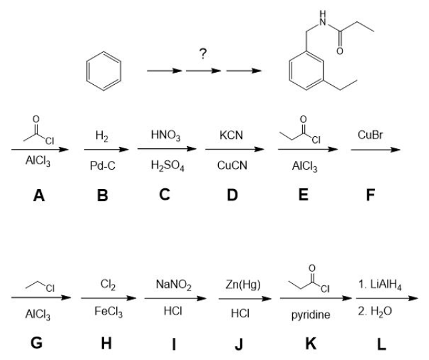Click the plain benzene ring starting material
click(103, 70)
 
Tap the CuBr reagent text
click(371, 136)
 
